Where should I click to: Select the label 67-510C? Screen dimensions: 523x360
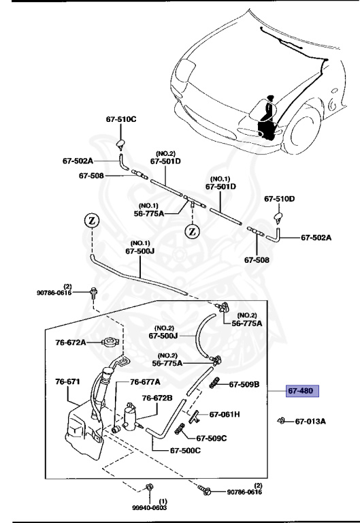coord(120,119)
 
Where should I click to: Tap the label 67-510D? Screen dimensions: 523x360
coord(279,199)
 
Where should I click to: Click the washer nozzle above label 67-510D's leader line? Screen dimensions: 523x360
coord(279,217)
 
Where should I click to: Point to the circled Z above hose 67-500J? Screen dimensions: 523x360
coord(91,221)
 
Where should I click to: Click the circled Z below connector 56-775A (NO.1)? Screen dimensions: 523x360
coord(193,231)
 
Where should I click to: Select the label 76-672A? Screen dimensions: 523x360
coord(70,342)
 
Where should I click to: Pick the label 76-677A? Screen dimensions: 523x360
coord(145,381)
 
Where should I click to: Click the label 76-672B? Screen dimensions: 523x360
coord(157,398)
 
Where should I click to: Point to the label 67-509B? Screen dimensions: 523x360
coord(244,384)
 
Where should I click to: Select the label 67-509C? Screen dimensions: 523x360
coord(212,439)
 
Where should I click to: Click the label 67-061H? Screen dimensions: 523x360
coord(224,414)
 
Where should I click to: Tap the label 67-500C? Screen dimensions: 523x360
coord(185,450)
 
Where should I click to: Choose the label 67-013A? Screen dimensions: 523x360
coord(310,421)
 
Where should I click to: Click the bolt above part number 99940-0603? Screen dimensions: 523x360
coord(149,487)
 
